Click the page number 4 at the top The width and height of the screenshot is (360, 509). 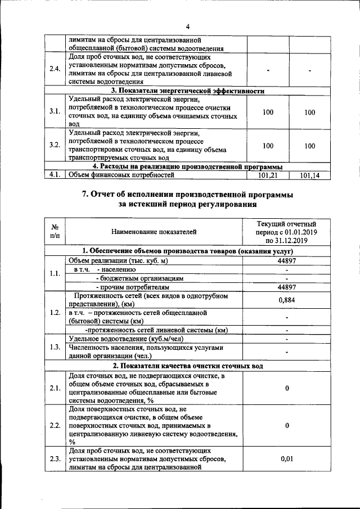click(188, 26)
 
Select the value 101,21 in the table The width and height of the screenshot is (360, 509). click(268, 175)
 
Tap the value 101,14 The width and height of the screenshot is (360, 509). click(310, 175)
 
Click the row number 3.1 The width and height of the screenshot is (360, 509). click(55, 111)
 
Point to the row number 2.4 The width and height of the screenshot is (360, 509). click(55, 69)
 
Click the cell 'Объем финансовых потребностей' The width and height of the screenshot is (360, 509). click(121, 175)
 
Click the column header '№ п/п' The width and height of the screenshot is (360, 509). click(55, 231)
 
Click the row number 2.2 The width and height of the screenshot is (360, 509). click(55, 425)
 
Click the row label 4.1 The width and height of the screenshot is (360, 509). click(55, 175)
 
